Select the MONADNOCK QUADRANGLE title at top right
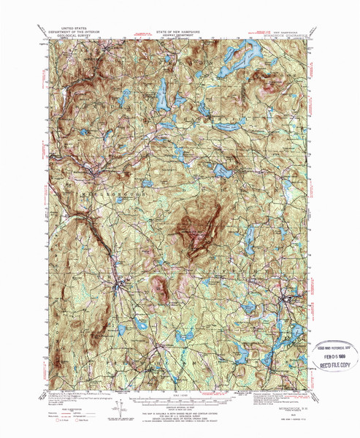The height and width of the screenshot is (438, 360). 283,32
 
